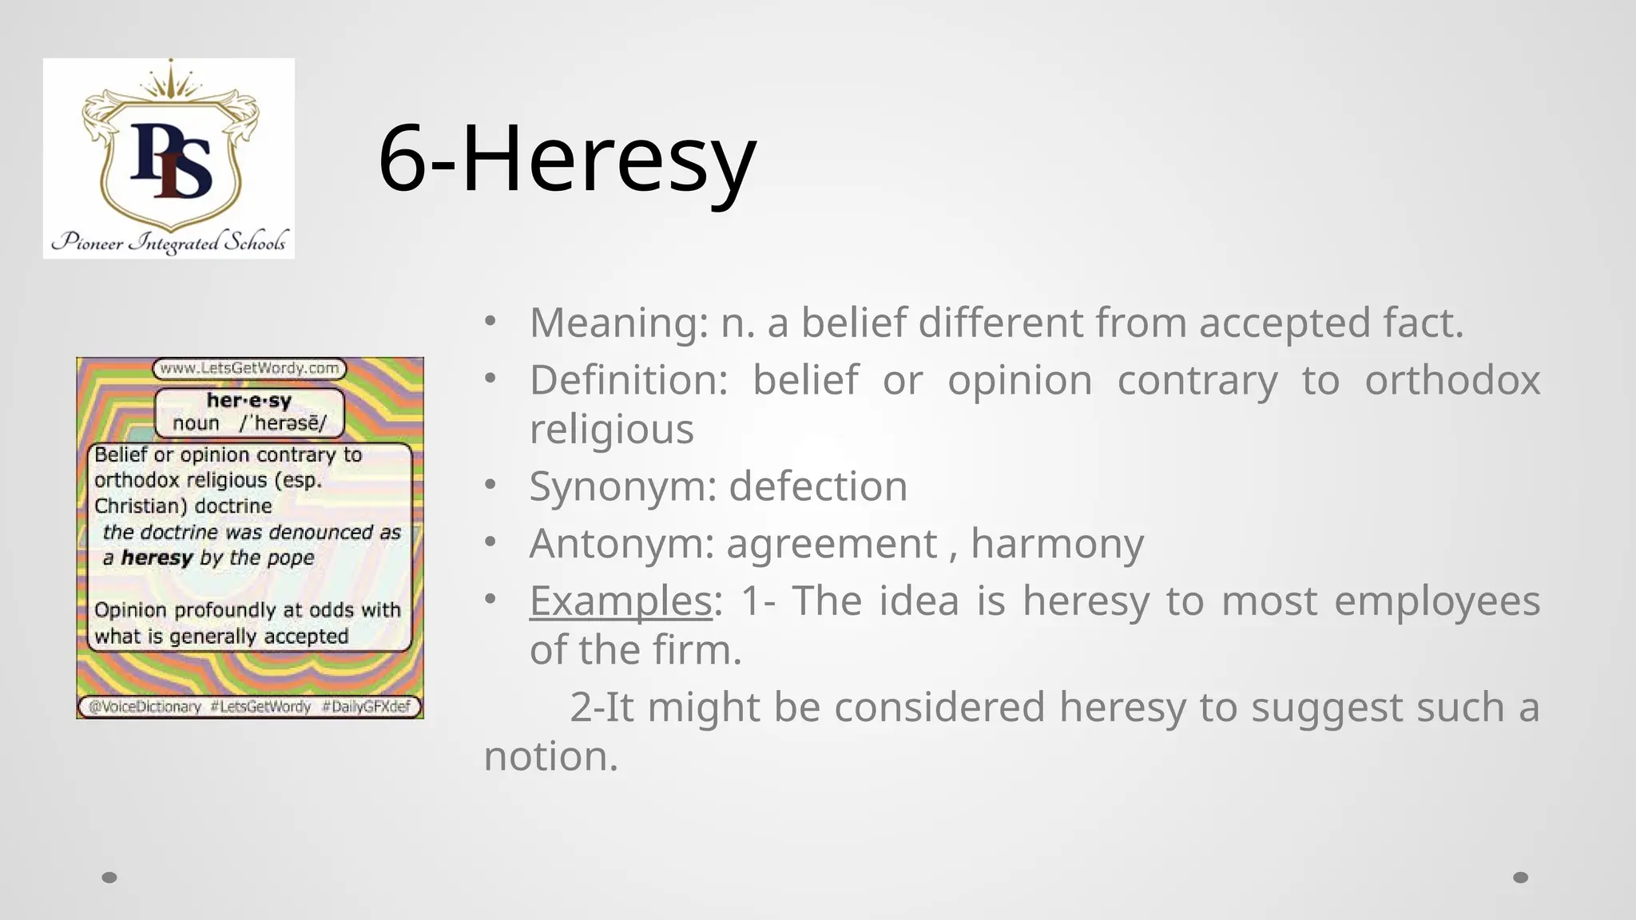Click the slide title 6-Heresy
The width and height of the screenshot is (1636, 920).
click(x=566, y=158)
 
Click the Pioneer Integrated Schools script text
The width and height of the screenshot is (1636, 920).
click(x=169, y=241)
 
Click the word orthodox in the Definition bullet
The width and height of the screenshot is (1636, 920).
click(x=1451, y=380)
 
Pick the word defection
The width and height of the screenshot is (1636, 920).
click(x=818, y=486)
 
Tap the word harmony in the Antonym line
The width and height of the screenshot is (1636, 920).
click(x=1057, y=544)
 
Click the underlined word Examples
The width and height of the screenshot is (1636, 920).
click(x=621, y=601)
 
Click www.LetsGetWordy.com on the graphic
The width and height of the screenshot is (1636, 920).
click(x=249, y=369)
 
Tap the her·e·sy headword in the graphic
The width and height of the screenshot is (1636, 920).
click(x=248, y=400)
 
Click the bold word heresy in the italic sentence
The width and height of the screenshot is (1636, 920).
click(x=157, y=557)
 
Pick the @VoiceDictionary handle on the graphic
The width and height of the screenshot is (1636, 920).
click(x=145, y=707)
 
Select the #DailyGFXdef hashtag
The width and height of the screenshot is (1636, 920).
click(x=366, y=707)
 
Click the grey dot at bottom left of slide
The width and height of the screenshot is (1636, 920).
click(x=109, y=878)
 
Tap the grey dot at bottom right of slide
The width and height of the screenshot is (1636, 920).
click(x=1521, y=878)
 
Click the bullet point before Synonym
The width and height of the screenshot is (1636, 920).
click(x=490, y=485)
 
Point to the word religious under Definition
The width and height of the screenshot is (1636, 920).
click(x=612, y=430)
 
